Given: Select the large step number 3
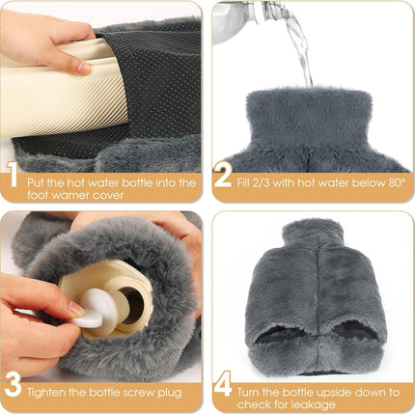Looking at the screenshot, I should [12, 386].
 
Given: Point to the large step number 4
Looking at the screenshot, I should [223, 386].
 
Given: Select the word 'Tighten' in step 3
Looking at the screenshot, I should [48, 392].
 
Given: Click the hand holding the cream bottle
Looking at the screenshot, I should [48, 39].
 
